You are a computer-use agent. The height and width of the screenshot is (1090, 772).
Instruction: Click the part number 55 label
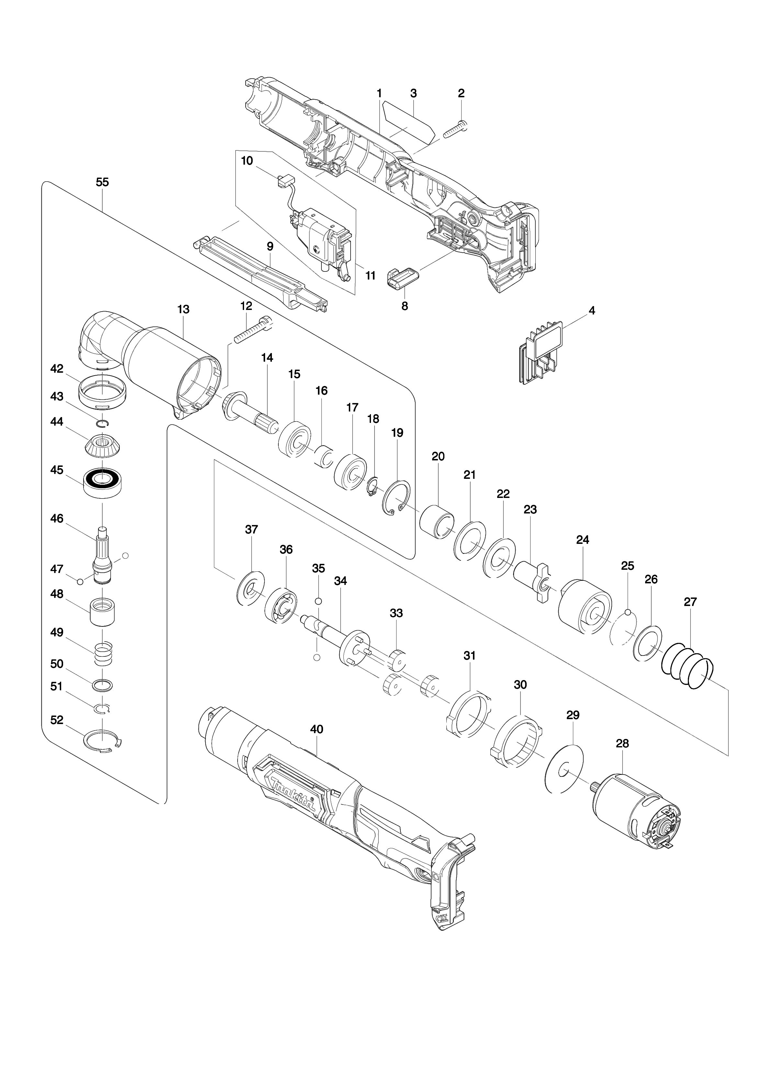coord(102,182)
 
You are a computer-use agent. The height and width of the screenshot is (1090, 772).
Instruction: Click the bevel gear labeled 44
coord(102,445)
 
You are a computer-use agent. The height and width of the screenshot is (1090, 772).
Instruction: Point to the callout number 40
coord(317,729)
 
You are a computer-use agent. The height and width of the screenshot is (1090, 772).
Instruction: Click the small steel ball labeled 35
coord(319,601)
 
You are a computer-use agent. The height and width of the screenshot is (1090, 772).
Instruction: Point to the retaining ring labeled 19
coord(396,500)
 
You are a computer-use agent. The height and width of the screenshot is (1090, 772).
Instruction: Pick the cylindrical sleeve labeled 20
coord(437,523)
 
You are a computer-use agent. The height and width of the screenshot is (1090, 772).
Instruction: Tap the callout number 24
coord(582,540)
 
